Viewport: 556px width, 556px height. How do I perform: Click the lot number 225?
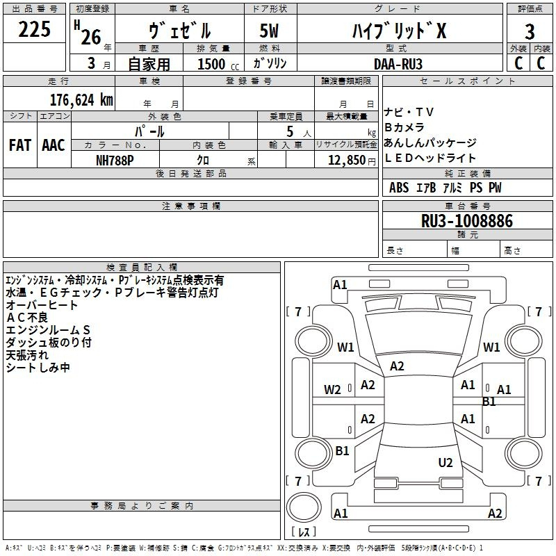pos(34,30)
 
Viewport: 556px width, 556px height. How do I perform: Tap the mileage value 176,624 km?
pos(81,99)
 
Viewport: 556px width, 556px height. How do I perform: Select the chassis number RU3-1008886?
pos(467,222)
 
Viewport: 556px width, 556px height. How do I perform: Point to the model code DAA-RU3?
pos(398,63)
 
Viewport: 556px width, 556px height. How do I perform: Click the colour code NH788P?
pos(115,159)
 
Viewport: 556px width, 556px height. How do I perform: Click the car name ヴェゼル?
pos(180,31)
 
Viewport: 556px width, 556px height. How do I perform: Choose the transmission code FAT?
pos(20,145)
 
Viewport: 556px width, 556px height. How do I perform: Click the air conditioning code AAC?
pos(54,145)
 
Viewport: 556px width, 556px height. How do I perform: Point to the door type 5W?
pos(269,31)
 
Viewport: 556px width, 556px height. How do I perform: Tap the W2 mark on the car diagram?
pos(333,389)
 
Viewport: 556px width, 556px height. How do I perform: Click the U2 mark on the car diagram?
pos(445,462)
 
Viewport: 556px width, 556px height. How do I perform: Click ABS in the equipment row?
pos(399,188)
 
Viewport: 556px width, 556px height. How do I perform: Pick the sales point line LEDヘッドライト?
pos(430,158)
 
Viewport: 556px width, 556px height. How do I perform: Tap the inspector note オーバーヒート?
pos(42,305)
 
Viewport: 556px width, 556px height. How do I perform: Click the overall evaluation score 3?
pos(530,31)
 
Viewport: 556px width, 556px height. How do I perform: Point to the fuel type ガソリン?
pos(270,63)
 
